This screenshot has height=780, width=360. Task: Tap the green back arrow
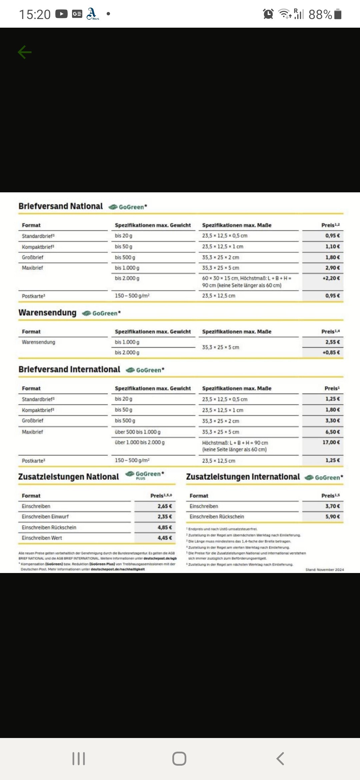click(x=25, y=52)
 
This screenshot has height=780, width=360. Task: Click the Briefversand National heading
click(x=61, y=206)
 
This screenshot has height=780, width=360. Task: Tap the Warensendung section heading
click(x=47, y=313)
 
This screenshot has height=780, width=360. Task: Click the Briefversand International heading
click(x=69, y=369)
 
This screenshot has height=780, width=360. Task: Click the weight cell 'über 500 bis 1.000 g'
click(x=138, y=432)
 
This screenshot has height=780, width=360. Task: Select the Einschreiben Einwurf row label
click(x=45, y=517)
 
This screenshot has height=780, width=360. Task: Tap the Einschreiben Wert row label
click(x=42, y=538)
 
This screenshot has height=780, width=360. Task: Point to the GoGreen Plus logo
click(x=145, y=475)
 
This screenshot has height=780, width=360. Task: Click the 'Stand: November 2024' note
click(x=324, y=570)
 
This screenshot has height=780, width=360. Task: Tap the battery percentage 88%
click(x=320, y=14)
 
